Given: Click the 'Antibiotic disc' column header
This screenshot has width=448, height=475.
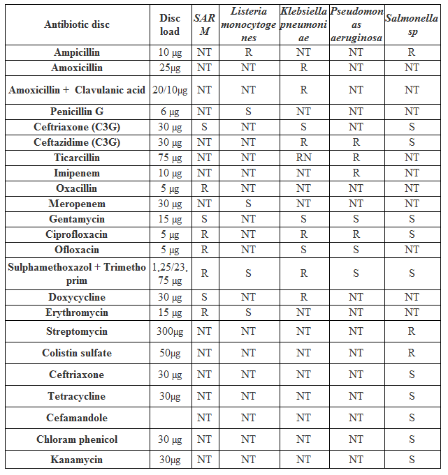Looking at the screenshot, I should tap(77, 25).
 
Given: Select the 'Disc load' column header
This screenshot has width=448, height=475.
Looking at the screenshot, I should tap(170, 25).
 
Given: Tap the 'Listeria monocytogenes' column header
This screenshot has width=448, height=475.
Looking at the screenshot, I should tap(248, 25).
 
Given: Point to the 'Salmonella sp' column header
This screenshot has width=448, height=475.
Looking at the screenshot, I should tap(412, 25).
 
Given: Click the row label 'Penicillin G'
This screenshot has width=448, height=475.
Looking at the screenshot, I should tap(77, 112).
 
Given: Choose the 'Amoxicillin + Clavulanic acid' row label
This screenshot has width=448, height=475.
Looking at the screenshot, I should tap(77, 90).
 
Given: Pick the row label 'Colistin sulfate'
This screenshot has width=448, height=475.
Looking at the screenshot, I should tap(77, 353).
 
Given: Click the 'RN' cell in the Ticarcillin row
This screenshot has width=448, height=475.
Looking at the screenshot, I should tap(303, 158).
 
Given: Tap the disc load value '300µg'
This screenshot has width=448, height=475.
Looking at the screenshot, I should tap(170, 331).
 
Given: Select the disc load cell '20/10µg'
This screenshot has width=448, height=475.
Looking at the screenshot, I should tap(170, 90).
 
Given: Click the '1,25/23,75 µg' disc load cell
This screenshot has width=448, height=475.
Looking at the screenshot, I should tap(170, 273).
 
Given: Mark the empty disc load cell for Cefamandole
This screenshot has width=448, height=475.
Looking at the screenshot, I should tap(170, 418).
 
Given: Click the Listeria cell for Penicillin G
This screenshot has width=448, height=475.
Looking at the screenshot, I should tap(248, 112).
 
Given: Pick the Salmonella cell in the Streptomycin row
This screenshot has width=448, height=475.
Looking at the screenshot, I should tap(412, 331).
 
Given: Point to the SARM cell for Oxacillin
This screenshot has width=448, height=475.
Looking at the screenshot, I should tap(204, 188).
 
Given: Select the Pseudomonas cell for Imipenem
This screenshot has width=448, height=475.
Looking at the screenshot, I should tap(356, 173).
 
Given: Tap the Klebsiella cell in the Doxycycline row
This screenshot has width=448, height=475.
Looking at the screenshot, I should tap(303, 297).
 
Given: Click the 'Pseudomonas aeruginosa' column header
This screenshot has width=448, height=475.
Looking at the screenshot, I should tap(356, 25).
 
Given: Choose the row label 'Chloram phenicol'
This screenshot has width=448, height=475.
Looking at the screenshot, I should tap(77, 439).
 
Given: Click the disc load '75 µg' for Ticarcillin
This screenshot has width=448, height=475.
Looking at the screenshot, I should tap(170, 158).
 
